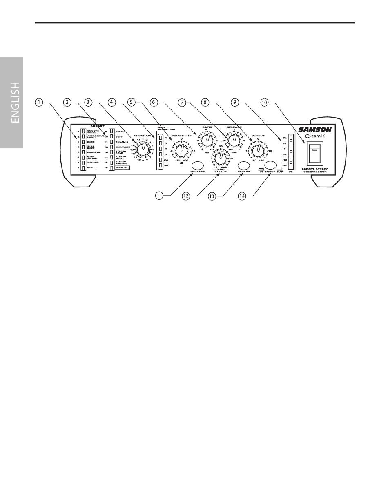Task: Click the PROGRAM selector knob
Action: (143, 149)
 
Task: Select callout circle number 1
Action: (38, 103)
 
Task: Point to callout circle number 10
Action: (265, 103)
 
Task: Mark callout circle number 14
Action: (242, 196)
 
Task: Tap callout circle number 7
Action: (182, 103)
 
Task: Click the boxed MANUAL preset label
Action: (122, 168)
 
